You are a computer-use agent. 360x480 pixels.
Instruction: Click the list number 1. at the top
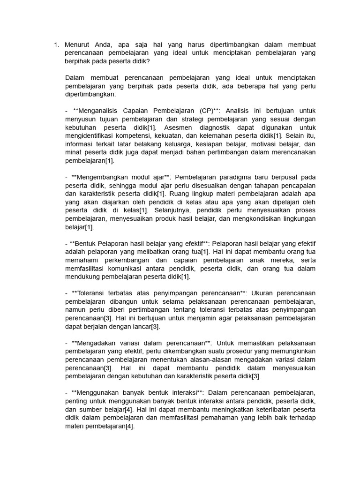(x=56, y=45)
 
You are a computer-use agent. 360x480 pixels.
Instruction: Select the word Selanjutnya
(x=172, y=210)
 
